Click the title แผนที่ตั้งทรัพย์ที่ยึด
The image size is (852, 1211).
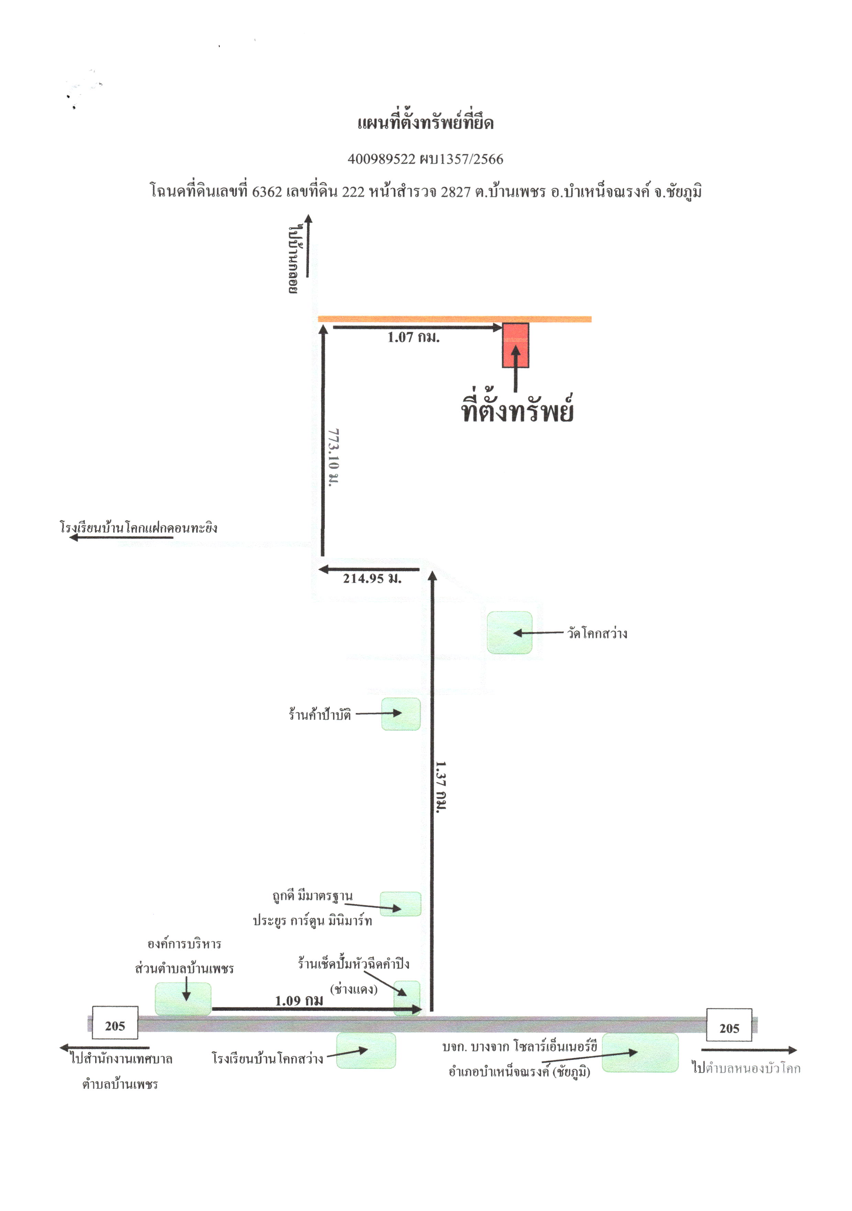pyautogui.click(x=425, y=122)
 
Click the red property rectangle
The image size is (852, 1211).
pyautogui.click(x=515, y=345)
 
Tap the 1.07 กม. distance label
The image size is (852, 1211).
pyautogui.click(x=414, y=338)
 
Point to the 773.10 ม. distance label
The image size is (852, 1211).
pyautogui.click(x=334, y=457)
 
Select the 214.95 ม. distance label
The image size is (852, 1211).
pyautogui.click(x=372, y=579)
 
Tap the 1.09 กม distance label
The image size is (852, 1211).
pyautogui.click(x=299, y=1000)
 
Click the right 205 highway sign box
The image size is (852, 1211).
pyautogui.click(x=729, y=1025)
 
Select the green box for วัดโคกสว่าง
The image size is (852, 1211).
pyautogui.click(x=509, y=632)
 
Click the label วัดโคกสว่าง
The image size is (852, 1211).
pyautogui.click(x=597, y=633)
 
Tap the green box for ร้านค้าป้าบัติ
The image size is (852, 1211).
pyautogui.click(x=401, y=714)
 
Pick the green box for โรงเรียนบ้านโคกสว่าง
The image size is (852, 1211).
pyautogui.click(x=366, y=1051)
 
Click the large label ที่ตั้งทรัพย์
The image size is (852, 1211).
pyautogui.click(x=517, y=409)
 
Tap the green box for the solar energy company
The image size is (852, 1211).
pyautogui.click(x=640, y=1053)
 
